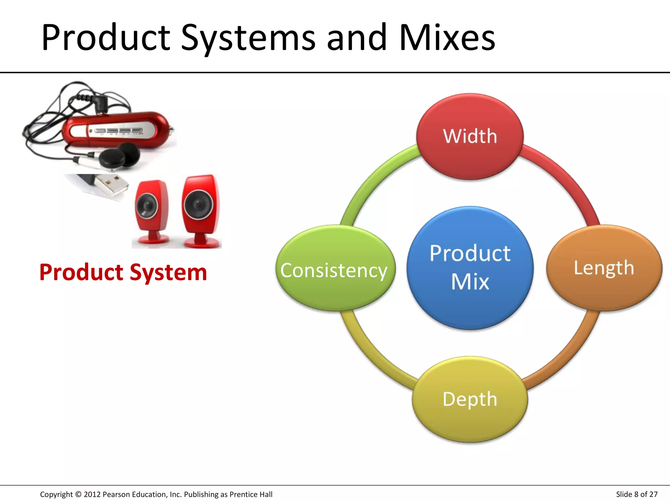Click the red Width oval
click(470, 137)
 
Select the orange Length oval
click(604, 268)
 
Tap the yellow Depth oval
click(470, 399)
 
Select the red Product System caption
click(123, 272)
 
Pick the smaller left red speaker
click(151, 212)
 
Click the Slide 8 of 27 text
click(637, 494)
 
